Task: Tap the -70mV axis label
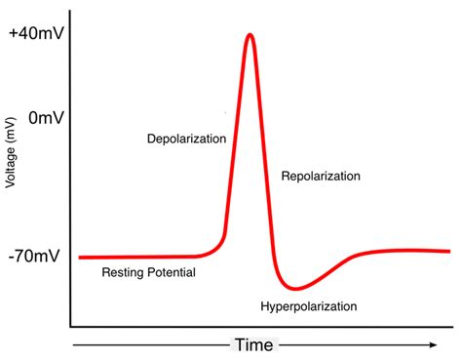pos(34,258)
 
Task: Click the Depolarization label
pos(187,139)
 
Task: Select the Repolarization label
pos(321,177)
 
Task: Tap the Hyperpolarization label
pos(308,306)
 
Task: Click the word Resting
pos(124,273)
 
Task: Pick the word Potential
pos(172,273)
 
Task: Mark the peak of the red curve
pos(250,35)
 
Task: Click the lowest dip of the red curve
pos(296,289)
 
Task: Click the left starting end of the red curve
pos(80,258)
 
